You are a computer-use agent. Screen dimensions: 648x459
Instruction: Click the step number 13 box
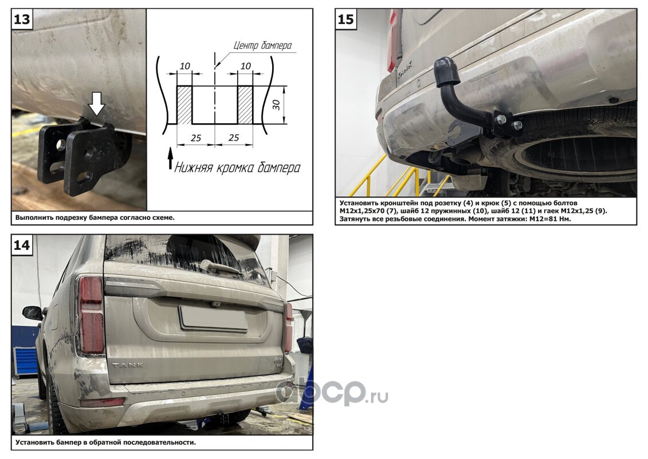point(22,19)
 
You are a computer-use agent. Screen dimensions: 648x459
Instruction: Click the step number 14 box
point(22,245)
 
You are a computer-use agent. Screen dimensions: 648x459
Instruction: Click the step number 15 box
point(345,19)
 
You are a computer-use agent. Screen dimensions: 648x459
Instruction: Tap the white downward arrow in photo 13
point(97,103)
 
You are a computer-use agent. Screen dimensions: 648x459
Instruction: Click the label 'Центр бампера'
point(262,45)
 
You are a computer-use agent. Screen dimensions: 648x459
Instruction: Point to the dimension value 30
point(277,105)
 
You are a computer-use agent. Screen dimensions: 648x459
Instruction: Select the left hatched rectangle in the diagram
point(184,105)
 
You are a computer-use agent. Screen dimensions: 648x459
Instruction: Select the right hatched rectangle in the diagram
point(245,105)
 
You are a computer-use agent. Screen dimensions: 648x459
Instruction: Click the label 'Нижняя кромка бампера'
point(237,168)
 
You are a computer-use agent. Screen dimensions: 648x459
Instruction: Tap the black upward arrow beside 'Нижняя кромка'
point(170,159)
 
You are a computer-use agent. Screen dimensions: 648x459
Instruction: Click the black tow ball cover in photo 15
point(447,71)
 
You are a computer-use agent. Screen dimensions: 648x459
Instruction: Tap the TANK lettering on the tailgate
point(128,365)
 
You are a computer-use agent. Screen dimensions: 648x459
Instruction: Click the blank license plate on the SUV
point(213,318)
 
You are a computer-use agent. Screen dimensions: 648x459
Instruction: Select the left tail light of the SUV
point(91,314)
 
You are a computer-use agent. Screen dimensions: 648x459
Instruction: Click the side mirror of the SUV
point(32,313)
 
